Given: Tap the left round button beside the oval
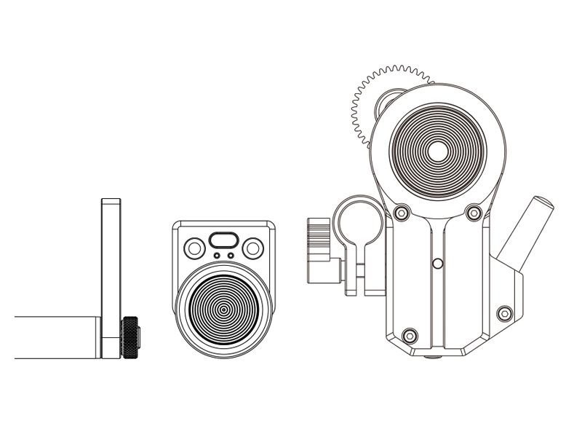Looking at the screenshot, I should (x=194, y=248).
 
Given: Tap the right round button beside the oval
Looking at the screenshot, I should (x=253, y=248).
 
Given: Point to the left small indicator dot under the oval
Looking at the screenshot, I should (x=217, y=256).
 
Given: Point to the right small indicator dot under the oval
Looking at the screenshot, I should (x=231, y=256).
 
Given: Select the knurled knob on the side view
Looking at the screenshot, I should (x=131, y=338).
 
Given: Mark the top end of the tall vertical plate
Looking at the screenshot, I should (x=111, y=201).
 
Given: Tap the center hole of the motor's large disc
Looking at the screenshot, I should (x=437, y=151).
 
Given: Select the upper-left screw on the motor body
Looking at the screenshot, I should (x=400, y=213).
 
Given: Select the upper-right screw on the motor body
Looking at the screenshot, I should (x=474, y=213).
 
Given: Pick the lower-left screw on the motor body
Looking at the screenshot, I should (x=409, y=335).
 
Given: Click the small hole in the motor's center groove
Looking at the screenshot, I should (x=437, y=262).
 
